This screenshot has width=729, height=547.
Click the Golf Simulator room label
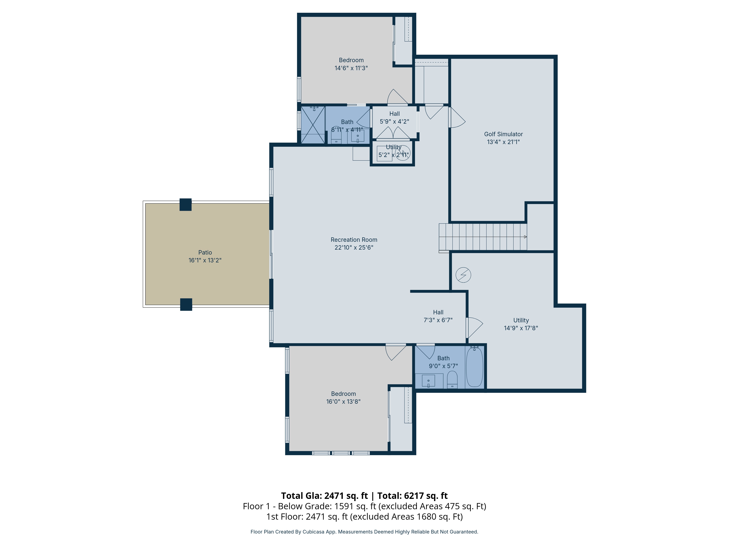(x=503, y=134)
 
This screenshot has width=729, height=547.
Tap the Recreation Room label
(x=354, y=240)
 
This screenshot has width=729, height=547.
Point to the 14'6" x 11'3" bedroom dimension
(x=351, y=68)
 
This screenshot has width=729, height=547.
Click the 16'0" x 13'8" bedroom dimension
(x=343, y=402)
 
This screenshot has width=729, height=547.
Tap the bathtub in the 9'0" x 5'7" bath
(x=475, y=367)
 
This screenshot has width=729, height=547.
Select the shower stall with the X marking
(x=313, y=125)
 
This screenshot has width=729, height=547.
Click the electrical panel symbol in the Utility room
(x=463, y=275)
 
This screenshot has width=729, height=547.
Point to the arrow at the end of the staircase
(x=525, y=237)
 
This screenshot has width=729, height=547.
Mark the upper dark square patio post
(x=186, y=204)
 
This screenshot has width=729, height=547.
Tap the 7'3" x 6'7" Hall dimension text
(x=438, y=320)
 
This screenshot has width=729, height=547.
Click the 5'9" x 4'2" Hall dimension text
(x=395, y=122)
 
